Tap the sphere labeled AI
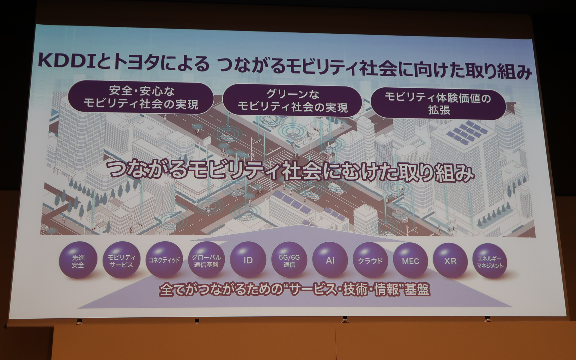pos(330,260)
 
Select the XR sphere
pos(450,261)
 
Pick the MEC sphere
pos(410,261)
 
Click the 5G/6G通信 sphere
pos(289,260)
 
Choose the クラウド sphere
pos(370,260)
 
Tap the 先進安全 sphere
pos(78,260)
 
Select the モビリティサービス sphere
pos(121,260)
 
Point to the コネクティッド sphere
pos(164,260)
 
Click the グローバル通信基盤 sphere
pos(206,260)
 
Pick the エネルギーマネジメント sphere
pos(490,261)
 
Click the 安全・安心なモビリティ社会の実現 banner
pos(141,98)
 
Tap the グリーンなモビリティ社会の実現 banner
pos(292,101)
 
